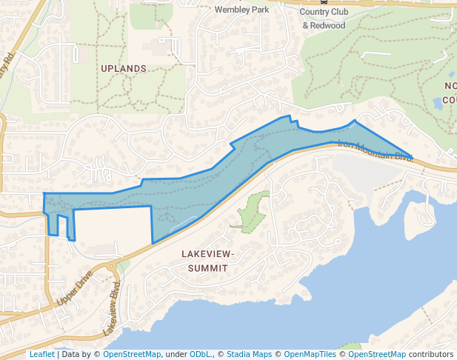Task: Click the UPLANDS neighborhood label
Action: (124, 68)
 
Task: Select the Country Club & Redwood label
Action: (324, 19)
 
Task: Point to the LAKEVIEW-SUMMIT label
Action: (207, 260)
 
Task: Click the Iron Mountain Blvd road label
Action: (375, 150)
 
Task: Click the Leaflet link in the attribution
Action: (42, 354)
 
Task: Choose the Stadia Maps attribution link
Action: (250, 354)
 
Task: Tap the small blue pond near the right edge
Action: (438, 103)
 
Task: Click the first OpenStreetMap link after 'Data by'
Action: (132, 354)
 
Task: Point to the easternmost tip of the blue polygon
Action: (411, 156)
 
